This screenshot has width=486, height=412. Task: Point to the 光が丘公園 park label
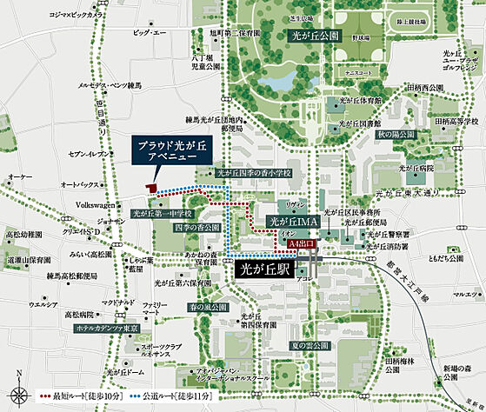point(315,37)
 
